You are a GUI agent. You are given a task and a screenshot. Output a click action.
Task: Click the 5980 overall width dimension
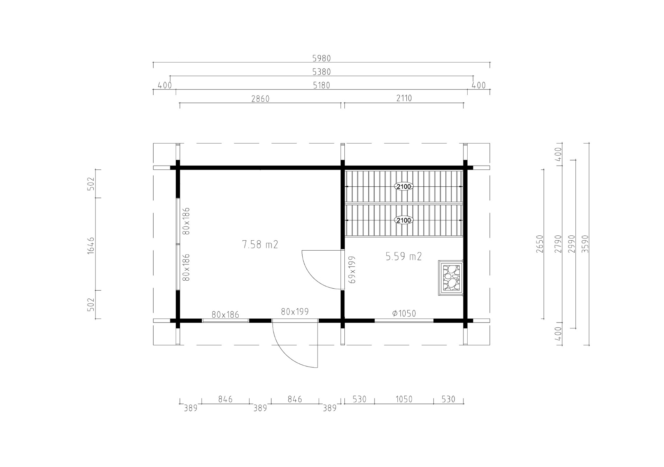(x=322, y=58)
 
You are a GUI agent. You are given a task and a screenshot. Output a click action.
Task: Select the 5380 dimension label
(x=322, y=72)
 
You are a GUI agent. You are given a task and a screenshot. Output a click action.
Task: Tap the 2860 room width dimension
(x=260, y=99)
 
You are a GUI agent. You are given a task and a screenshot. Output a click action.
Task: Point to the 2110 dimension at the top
(x=404, y=99)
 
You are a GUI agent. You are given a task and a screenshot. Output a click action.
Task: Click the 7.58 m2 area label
(x=260, y=245)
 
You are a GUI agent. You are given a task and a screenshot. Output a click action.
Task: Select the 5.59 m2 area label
(x=404, y=256)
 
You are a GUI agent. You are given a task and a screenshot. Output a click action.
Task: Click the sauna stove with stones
(x=451, y=278)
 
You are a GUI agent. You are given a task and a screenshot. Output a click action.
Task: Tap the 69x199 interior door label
(x=352, y=270)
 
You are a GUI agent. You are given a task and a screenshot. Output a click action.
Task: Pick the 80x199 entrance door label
(x=295, y=312)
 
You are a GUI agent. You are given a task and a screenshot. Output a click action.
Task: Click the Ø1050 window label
(x=404, y=314)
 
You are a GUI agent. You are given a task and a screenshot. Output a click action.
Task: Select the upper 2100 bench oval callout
(x=404, y=187)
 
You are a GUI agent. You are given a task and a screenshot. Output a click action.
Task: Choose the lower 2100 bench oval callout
(x=404, y=220)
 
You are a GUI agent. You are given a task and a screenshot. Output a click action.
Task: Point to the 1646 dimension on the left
(x=91, y=245)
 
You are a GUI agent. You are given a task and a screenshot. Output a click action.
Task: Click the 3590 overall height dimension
(x=585, y=244)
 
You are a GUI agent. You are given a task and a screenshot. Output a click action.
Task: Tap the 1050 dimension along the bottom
(x=404, y=399)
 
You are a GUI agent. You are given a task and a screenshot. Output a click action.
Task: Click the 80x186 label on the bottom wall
(x=225, y=315)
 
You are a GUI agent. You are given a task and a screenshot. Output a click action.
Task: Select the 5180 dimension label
(x=322, y=85)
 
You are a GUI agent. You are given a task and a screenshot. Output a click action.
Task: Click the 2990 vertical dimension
(x=572, y=244)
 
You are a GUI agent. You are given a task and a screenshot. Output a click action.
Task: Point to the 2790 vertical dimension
(x=558, y=244)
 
